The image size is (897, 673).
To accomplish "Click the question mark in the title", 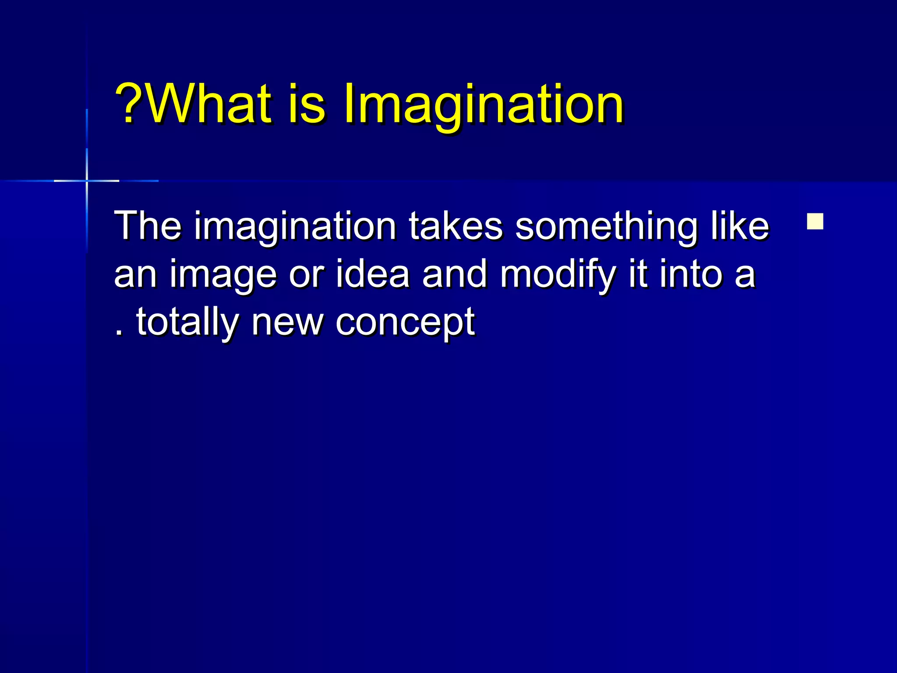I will (128, 104).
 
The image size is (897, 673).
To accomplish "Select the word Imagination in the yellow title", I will (483, 105).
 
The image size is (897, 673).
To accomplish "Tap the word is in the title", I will (307, 104).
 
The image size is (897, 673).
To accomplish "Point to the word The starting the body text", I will (148, 226).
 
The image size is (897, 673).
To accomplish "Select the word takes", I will (456, 226).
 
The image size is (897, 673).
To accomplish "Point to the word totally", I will (187, 323).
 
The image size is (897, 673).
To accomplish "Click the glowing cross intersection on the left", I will (87, 181).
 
